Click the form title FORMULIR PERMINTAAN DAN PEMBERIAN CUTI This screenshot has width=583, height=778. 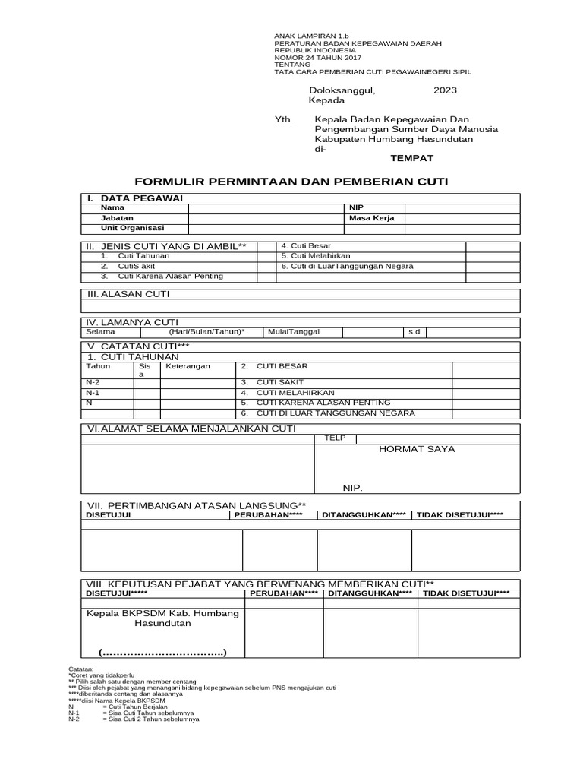pos(291,182)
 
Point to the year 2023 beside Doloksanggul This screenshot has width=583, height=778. pos(445,90)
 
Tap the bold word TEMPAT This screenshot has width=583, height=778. pos(411,157)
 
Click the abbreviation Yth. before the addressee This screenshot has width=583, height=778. pos(283,119)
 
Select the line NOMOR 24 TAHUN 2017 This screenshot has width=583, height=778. pos(317,58)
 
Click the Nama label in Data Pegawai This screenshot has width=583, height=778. pos(112,207)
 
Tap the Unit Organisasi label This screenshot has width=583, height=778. pos(132,228)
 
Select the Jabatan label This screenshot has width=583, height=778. pos(117,218)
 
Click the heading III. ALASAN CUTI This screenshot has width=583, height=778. pos(127,293)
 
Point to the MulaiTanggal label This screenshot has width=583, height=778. pos(294,332)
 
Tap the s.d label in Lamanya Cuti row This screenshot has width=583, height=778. pos(414,332)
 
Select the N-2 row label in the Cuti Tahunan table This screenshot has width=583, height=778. pos(93,381)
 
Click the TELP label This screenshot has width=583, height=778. pos(335,438)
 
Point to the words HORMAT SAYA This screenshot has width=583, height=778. pos(417,449)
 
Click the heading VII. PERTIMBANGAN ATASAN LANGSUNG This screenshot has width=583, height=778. pos(197,505)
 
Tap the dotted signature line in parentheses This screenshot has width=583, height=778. pos(162,653)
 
